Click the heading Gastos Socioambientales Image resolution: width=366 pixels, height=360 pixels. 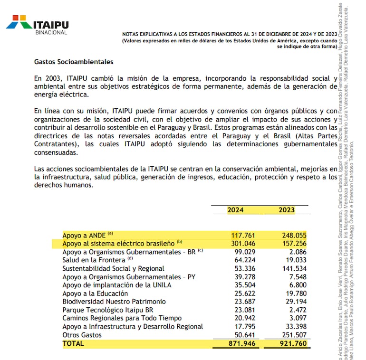coord(74,62)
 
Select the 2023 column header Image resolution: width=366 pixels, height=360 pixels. coord(287,210)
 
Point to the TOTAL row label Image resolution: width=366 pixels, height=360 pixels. coord(73,343)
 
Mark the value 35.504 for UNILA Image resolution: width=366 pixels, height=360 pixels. coord(245,285)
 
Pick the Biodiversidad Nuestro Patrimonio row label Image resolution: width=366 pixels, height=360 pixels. coord(114,302)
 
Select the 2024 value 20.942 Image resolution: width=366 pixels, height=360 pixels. coord(245,318)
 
